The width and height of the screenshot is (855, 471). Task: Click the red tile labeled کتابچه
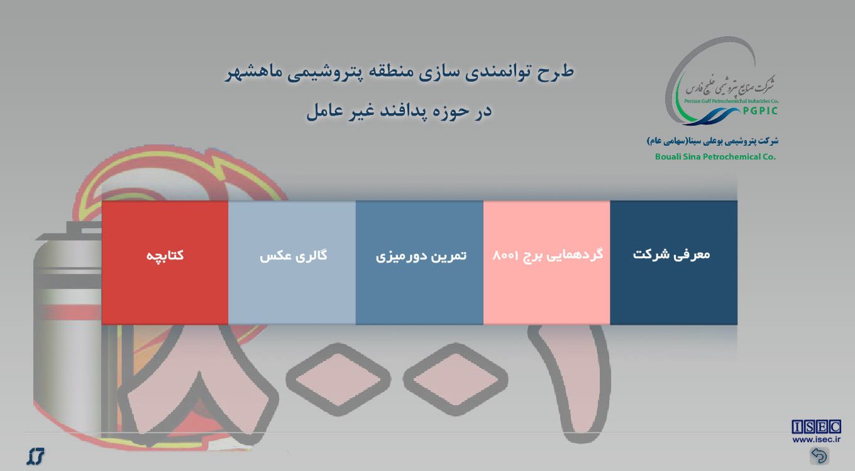point(165,263)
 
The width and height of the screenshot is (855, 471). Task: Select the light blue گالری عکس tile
point(292,263)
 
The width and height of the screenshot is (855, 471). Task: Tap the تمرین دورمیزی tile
point(419,263)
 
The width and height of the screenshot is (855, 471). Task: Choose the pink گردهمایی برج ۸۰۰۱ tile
point(546,263)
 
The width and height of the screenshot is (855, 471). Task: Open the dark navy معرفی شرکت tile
point(674,263)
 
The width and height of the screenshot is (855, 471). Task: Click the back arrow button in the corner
point(819,456)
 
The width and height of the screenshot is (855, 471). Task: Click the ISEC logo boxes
point(816,427)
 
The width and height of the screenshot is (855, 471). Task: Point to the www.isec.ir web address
point(817,440)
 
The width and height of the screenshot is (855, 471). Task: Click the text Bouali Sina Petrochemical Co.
point(715,157)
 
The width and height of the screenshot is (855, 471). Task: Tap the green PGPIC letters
point(760,111)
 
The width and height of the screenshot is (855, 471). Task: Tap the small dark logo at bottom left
point(35,456)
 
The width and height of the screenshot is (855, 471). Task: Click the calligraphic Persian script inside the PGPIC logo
point(730,87)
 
